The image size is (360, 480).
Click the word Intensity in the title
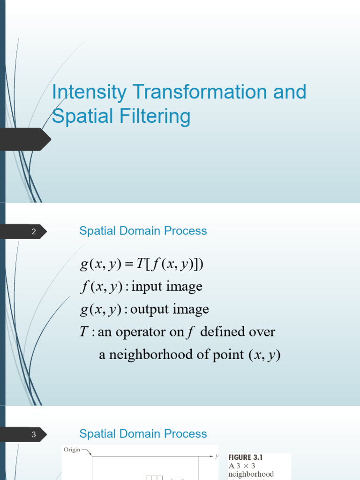click(x=89, y=92)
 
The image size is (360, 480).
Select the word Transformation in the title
click(x=199, y=91)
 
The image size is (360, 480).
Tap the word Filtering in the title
click(x=155, y=117)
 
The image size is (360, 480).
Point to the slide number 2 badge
click(x=23, y=232)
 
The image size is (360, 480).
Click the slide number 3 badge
click(x=23, y=435)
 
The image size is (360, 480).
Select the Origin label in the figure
click(x=72, y=450)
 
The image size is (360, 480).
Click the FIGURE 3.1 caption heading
click(x=246, y=457)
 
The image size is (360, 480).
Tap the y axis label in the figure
click(x=217, y=456)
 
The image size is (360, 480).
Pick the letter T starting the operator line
click(x=84, y=331)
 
